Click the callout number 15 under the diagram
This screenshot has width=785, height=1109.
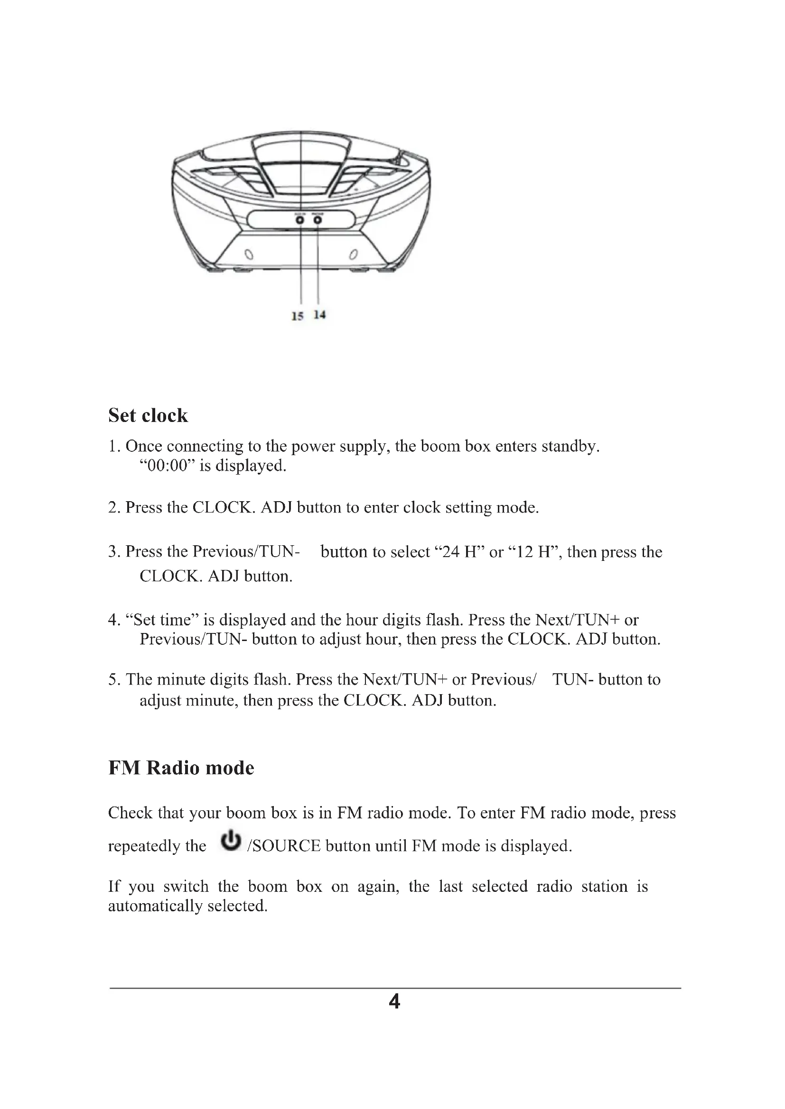click(x=297, y=316)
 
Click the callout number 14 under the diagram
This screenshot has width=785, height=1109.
click(x=319, y=315)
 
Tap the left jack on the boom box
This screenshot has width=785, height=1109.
click(x=300, y=220)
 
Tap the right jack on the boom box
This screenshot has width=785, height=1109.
click(x=318, y=220)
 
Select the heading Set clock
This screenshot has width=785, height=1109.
click(x=148, y=415)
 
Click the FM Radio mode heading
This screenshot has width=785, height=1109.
click(x=181, y=768)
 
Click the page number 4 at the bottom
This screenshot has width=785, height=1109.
click(x=394, y=1002)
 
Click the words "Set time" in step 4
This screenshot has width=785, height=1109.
click(x=162, y=620)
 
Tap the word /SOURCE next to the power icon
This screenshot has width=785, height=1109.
click(x=284, y=846)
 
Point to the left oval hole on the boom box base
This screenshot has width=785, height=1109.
click(x=248, y=255)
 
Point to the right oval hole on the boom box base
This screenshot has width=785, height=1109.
click(x=354, y=254)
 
